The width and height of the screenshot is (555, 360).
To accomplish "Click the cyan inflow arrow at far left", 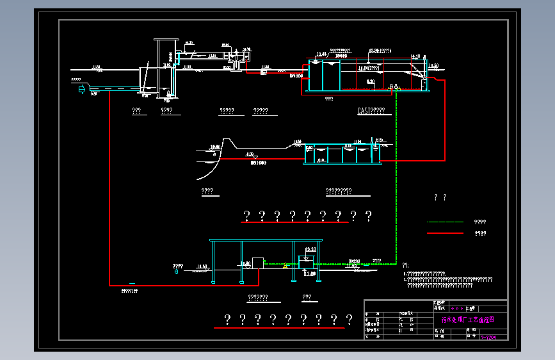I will pyautogui.click(x=81, y=90).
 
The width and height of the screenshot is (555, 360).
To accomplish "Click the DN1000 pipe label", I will pyautogui.click(x=258, y=163).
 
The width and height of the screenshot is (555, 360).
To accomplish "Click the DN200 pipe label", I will pyautogui.click(x=354, y=261).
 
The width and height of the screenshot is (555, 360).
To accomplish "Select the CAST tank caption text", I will pyautogui.click(x=371, y=111).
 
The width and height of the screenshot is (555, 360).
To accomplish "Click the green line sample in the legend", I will pyautogui.click(x=444, y=222).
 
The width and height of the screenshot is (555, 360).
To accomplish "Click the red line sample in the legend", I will pyautogui.click(x=444, y=233).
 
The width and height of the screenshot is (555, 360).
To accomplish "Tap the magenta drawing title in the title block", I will pyautogui.click(x=467, y=320).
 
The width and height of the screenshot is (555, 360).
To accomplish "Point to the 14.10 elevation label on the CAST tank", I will pyautogui.click(x=415, y=56).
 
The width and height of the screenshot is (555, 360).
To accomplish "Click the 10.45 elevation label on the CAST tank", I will pyautogui.click(x=321, y=54).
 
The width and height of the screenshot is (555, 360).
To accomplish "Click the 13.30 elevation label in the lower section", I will pyautogui.click(x=311, y=249).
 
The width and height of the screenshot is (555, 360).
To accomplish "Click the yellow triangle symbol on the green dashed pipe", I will pyautogui.click(x=284, y=266).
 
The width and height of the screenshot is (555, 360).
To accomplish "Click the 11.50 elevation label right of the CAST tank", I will pyautogui.click(x=433, y=65).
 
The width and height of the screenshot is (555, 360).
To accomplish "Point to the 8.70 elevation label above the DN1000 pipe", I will pyautogui.click(x=250, y=154).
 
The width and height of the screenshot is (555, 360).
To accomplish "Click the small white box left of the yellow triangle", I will pyautogui.click(x=259, y=263).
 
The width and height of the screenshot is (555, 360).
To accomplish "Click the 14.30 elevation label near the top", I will pyautogui.click(x=189, y=43).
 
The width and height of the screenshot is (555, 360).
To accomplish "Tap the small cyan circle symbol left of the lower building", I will pyautogui.click(x=177, y=272).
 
